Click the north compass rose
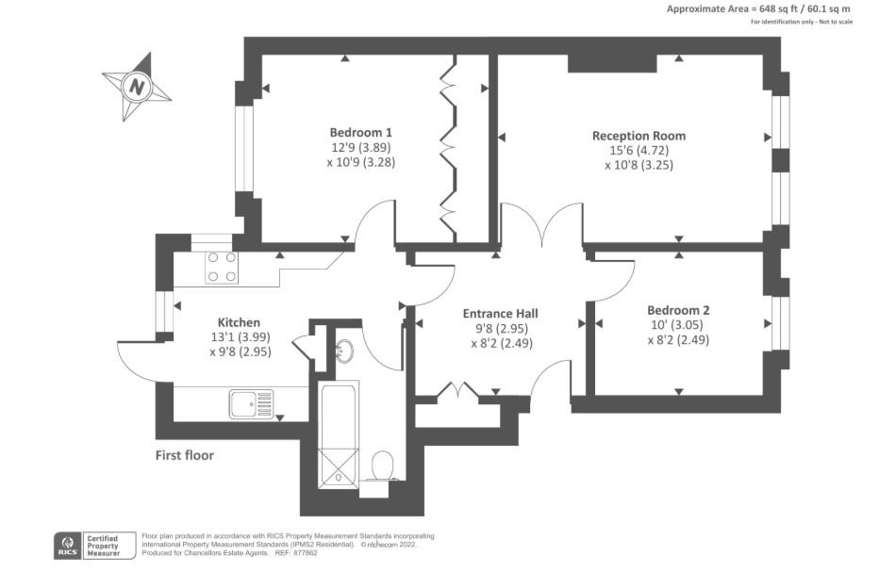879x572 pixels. [138, 88]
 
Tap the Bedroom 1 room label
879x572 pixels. [360, 132]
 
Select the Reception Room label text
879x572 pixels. [639, 136]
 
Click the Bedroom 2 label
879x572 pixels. [678, 310]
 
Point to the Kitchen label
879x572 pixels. [239, 322]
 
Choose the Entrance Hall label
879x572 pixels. [500, 314]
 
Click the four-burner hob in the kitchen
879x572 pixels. [222, 267]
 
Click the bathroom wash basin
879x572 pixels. [343, 351]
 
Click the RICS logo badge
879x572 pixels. [67, 545]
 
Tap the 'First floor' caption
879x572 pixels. [185, 456]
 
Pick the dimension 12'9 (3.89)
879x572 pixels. [360, 147]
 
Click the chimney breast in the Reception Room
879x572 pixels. [611, 62]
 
